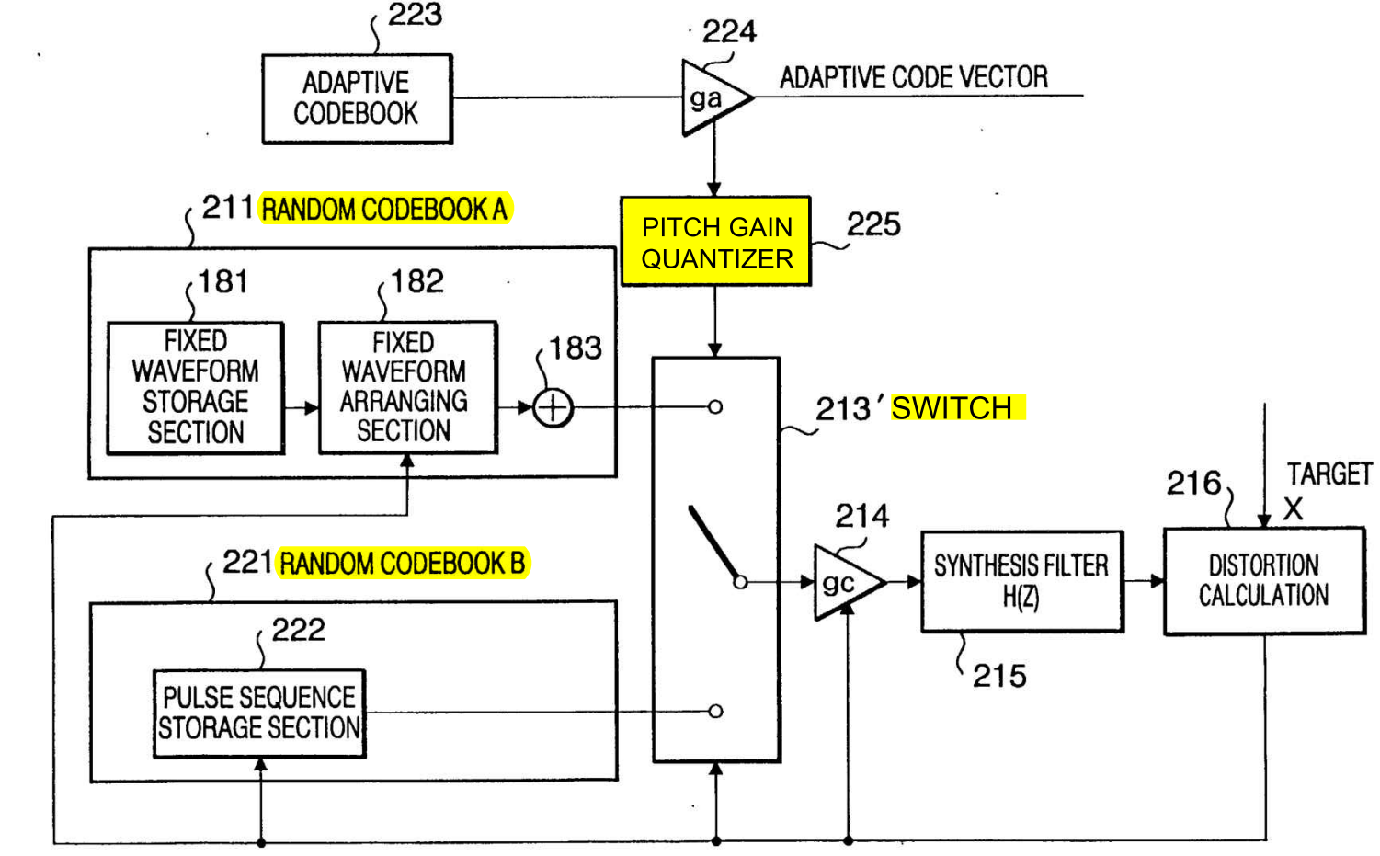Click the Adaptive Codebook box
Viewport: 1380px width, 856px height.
point(358,98)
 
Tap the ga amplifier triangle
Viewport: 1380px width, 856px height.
point(714,97)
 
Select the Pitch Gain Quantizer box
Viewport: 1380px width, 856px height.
point(716,241)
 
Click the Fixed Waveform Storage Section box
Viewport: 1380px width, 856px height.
point(196,388)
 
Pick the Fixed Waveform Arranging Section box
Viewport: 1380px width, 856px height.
point(408,387)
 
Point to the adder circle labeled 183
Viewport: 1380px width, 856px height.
point(553,408)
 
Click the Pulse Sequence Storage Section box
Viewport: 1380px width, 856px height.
point(259,713)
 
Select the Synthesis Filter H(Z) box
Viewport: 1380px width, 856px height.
point(1022,581)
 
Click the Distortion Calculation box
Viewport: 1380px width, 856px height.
point(1264,580)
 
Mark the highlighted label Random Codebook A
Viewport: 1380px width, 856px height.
point(384,209)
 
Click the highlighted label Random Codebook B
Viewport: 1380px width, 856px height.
point(403,563)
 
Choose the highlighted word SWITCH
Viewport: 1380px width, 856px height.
point(952,408)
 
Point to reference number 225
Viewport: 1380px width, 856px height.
point(873,224)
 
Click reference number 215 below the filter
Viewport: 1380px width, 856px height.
point(999,676)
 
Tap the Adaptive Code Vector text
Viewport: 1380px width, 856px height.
point(914,77)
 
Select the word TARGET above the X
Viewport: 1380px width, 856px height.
point(1330,474)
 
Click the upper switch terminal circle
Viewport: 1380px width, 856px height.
point(715,406)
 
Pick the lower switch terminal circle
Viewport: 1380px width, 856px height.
point(715,711)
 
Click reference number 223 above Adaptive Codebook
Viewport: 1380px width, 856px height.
point(415,14)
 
